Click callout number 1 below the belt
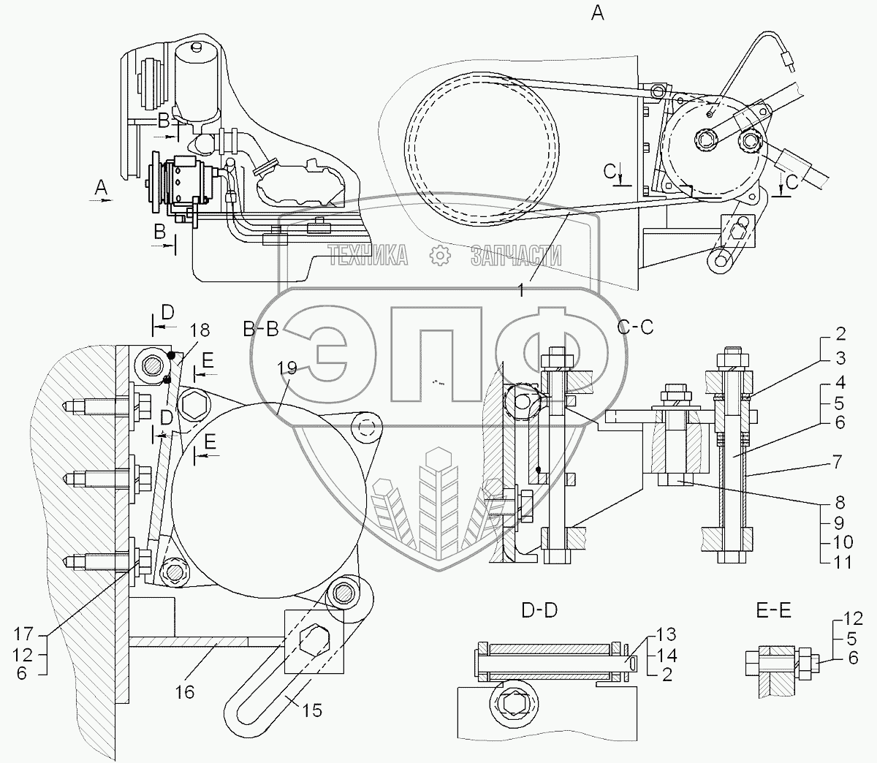[520, 291]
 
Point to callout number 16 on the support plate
[185, 691]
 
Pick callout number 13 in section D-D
[667, 634]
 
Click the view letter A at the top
[598, 12]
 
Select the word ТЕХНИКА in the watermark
[368, 255]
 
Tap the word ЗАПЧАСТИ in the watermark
[517, 255]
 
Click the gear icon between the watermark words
[439, 255]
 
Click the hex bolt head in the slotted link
[313, 640]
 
